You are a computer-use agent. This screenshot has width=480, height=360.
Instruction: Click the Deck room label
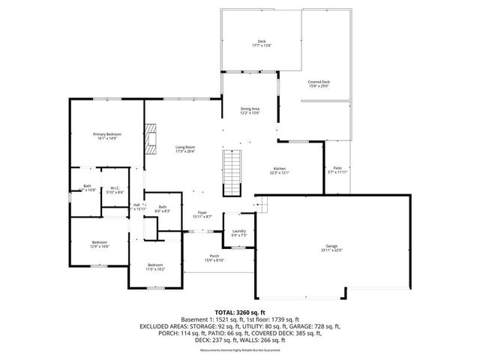[x=262, y=41]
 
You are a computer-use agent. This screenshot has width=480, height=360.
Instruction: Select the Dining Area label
[x=250, y=109]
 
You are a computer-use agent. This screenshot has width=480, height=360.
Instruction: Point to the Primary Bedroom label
[x=107, y=134]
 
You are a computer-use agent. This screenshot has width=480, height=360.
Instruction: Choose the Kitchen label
[x=280, y=169]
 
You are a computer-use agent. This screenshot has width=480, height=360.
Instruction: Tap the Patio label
[x=338, y=168]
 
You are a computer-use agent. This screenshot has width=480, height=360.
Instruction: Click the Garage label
[x=331, y=246]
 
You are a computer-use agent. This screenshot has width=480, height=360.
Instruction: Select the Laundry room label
[x=239, y=231]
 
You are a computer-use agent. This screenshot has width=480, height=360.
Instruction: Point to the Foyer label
[x=202, y=212]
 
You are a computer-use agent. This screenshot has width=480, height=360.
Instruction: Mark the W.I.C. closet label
[x=115, y=188]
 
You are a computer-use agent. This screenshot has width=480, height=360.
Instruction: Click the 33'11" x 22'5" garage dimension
[x=331, y=250]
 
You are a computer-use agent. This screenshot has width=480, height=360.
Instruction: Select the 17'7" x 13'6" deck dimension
[x=262, y=46]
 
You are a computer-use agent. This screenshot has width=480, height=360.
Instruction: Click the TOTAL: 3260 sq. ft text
[x=240, y=312]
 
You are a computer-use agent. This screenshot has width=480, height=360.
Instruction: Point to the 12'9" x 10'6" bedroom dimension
[x=100, y=246]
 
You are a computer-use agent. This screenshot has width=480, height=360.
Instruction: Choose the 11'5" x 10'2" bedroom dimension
[x=155, y=269]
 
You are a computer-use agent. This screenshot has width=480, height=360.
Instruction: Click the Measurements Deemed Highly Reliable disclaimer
[x=240, y=350]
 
